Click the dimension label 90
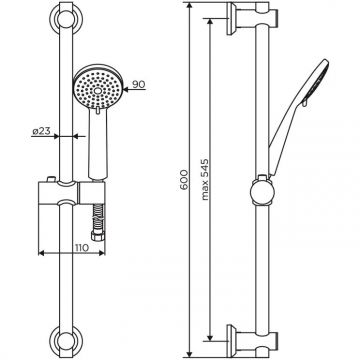(139, 84)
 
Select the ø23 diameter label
(41, 131)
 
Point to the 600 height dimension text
(184, 179)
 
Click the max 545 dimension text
(204, 179)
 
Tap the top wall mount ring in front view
(65, 19)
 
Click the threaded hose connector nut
(99, 237)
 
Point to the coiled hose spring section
(99, 218)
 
